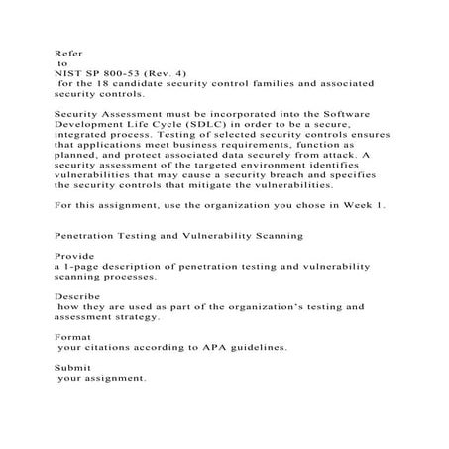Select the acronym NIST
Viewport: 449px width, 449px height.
coord(65,70)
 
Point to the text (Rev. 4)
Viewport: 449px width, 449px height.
coord(160,70)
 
